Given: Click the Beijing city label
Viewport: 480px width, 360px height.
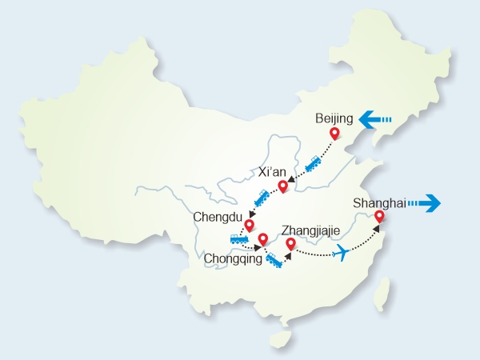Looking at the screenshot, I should pos(334,118).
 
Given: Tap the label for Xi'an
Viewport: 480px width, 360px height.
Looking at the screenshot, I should pos(272,172).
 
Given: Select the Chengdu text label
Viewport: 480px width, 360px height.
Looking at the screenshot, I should pos(216,216).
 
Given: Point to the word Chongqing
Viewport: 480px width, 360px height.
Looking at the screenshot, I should pos(233,258).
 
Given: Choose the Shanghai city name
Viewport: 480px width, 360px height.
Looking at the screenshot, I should pos(378,202).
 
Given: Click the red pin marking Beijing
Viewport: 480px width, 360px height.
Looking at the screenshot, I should pos(335,135).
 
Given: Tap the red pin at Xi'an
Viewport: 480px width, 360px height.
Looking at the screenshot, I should pos(282,187).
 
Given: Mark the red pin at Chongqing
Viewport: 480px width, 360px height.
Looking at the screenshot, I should pos(262,238).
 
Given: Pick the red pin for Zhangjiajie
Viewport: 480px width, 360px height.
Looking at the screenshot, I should pos(290,244).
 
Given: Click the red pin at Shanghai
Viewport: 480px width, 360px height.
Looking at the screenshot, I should pos(379,216).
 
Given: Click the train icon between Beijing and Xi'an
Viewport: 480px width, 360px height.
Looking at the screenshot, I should pos(313,163).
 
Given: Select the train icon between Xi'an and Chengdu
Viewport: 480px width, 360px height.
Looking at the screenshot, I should pos(261,197).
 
